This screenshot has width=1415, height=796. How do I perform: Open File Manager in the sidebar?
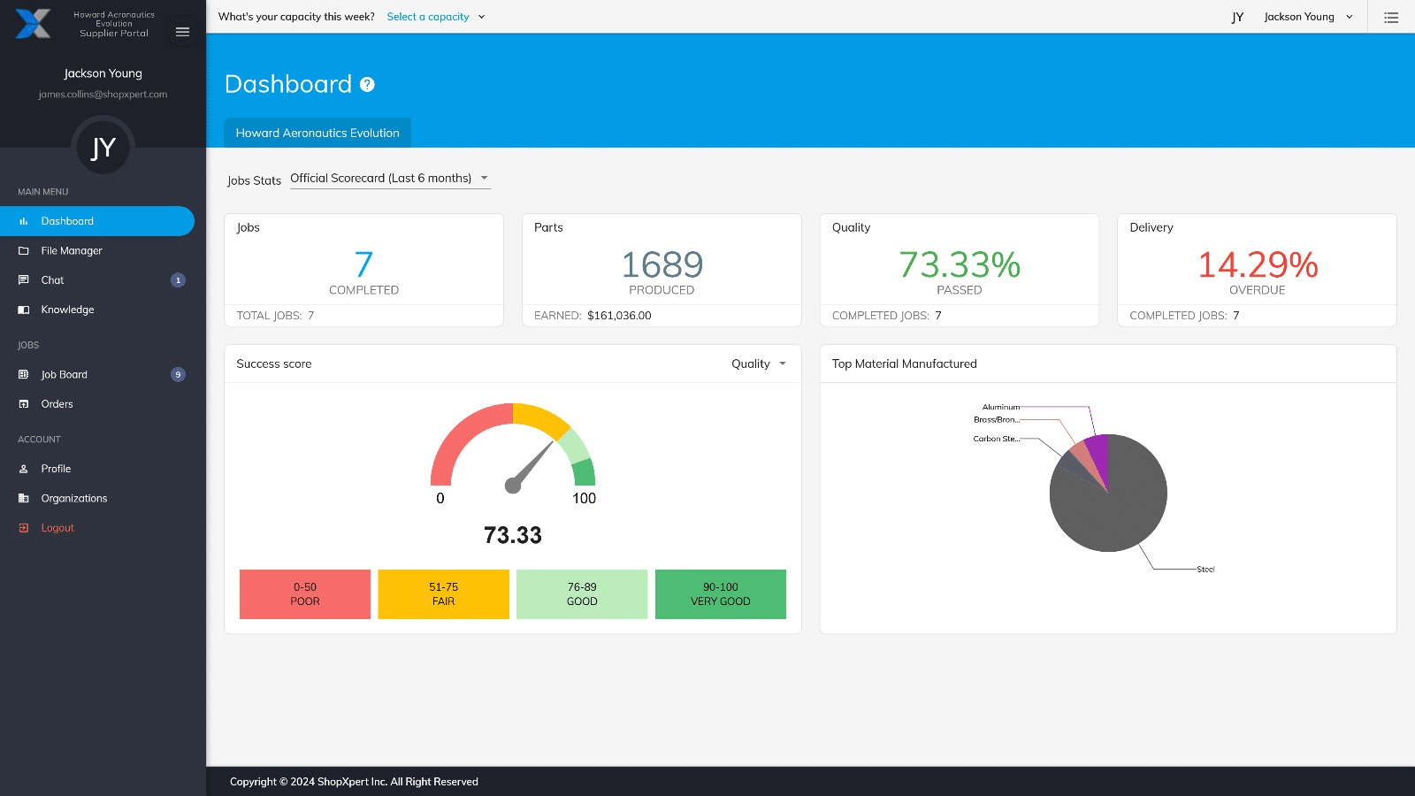71,251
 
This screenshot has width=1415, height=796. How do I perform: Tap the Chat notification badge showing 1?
178,280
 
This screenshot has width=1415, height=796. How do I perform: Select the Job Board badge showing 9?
178,375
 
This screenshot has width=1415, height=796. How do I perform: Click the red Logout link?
57,528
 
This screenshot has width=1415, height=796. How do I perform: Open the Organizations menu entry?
73,499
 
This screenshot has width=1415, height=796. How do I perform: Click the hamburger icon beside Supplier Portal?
182,32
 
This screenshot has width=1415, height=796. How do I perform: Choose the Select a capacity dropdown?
435,17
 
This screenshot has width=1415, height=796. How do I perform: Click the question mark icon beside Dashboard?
367,85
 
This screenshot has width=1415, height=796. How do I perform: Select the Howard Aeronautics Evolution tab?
317,133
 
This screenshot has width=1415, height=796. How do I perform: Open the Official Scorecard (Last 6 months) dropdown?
389,179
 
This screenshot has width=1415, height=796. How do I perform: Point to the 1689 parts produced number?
662,264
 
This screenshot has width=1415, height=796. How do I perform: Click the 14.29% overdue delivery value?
1257,264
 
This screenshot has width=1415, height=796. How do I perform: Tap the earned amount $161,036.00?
619,316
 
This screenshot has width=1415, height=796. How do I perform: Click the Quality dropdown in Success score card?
758,364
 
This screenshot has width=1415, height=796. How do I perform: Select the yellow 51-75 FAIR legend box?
443,594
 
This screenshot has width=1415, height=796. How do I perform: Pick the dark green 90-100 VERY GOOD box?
720,594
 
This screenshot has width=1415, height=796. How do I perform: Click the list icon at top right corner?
1391,17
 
